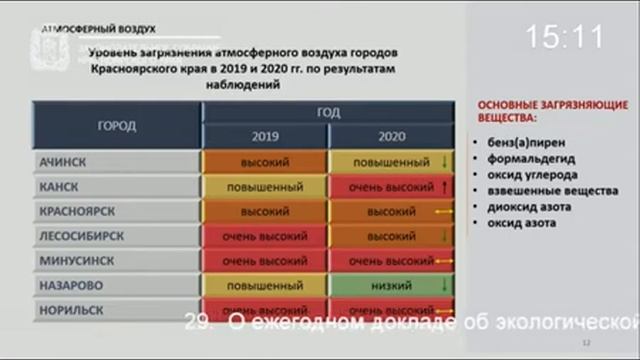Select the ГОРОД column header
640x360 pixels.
117,126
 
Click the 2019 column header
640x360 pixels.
265,137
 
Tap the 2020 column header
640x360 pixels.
392,137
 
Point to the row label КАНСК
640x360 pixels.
59,187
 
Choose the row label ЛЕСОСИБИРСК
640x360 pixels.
82,237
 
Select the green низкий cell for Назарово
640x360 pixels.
392,285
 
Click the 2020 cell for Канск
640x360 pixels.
392,187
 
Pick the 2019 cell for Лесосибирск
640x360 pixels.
265,237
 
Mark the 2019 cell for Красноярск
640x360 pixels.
265,212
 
